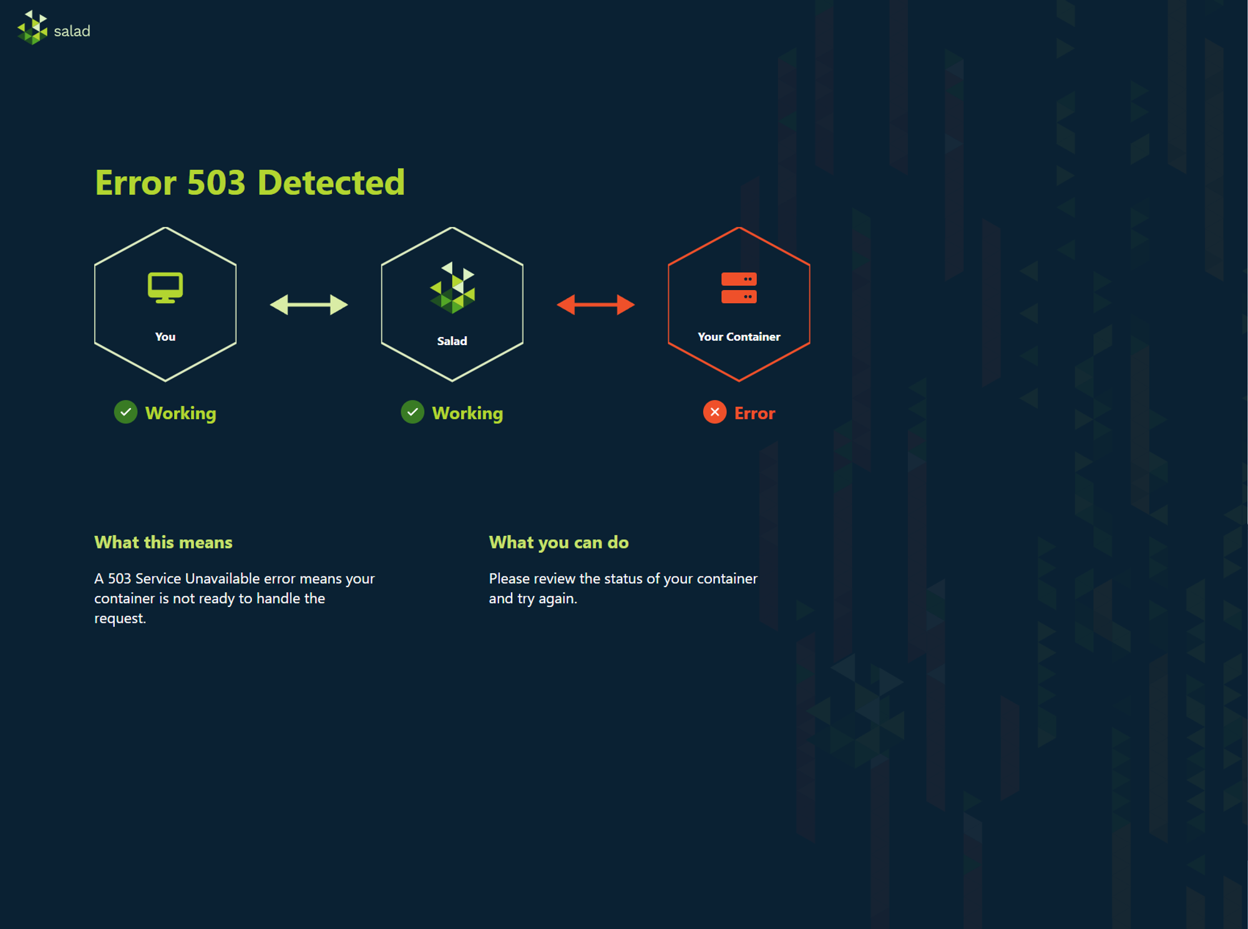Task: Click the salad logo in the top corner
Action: [32, 28]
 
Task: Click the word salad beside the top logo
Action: [72, 31]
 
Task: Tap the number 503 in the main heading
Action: [216, 183]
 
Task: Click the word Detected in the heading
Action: [331, 183]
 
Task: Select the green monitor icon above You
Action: [165, 288]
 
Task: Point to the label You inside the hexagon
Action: [165, 337]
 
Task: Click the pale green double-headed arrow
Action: [309, 304]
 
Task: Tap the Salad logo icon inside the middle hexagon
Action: [452, 288]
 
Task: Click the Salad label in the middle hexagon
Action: [452, 341]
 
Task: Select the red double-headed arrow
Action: [596, 304]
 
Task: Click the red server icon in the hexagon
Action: [739, 288]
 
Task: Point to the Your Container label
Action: [739, 337]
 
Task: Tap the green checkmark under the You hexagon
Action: [125, 412]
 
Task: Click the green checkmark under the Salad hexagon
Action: [412, 412]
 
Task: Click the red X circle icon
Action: [715, 412]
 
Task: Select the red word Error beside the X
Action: [755, 413]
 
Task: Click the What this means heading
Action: [163, 542]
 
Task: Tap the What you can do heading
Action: [559, 543]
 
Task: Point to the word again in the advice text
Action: [559, 599]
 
